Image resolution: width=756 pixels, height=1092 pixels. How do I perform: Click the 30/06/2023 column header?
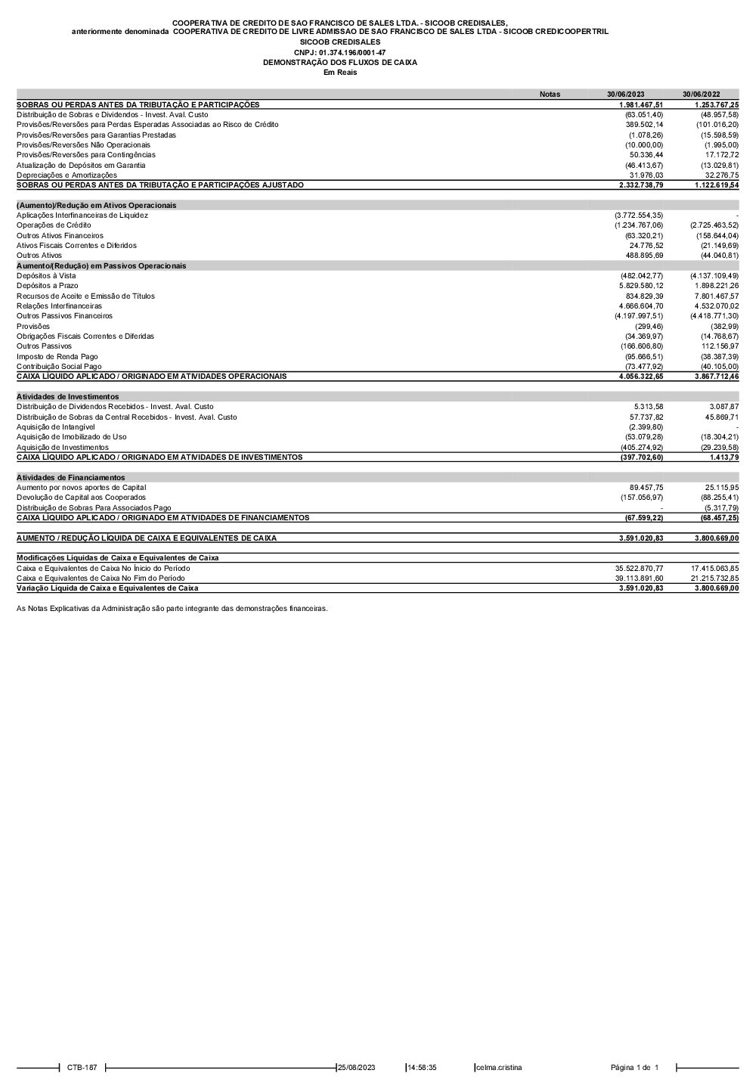pos(625,95)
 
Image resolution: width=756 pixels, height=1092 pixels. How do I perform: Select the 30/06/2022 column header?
pos(701,95)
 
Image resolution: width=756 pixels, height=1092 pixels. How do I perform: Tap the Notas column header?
pos(550,95)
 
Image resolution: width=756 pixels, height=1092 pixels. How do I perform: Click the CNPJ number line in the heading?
pos(339,52)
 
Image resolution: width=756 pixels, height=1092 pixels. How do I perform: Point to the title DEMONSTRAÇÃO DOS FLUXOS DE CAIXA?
pos(339,63)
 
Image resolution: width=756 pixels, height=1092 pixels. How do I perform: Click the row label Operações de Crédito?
pos(54,225)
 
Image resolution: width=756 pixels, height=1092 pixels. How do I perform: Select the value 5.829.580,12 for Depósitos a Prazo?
pos(640,286)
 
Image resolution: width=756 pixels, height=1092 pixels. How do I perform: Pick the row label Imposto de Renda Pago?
pos(57,356)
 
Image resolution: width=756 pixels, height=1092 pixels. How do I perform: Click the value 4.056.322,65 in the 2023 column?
pos(640,376)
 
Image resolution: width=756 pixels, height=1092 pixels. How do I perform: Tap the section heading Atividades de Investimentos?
pos(67,396)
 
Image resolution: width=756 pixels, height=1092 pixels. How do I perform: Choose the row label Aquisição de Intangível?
pos(56,427)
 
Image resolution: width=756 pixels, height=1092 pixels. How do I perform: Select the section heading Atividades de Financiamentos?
pos(70,477)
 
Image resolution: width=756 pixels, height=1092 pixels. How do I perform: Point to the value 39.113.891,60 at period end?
pos(639,578)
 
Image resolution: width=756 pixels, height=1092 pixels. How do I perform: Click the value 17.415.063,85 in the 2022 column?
pos(714,568)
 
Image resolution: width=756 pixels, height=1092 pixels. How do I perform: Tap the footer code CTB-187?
pos(82,1068)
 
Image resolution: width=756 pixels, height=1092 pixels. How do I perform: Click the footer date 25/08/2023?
pos(357,1068)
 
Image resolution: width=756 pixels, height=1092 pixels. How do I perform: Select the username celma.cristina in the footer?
pos(499,1068)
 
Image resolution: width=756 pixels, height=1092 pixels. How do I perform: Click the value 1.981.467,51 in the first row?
pos(640,104)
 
